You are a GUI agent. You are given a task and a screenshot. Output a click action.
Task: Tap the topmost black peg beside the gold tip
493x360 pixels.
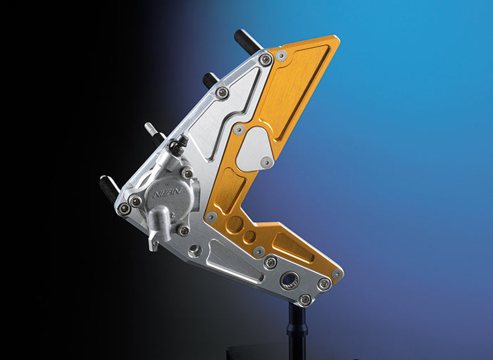[249, 42]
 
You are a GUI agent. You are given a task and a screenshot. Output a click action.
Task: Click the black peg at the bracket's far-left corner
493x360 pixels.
[110, 187]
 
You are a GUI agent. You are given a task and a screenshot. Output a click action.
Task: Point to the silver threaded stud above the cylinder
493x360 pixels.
[151, 132]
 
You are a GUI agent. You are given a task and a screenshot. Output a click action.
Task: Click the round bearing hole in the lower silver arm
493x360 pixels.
[289, 280]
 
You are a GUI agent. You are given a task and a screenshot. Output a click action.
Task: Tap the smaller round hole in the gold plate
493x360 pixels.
[250, 236]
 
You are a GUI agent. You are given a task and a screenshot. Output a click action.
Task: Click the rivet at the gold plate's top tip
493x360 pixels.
[281, 56]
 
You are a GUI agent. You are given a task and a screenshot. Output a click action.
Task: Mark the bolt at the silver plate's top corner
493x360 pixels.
[265, 60]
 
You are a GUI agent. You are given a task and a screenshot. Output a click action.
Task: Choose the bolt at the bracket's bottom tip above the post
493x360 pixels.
[304, 299]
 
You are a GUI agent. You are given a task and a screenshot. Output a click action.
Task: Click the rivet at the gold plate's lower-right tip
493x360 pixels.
[337, 274]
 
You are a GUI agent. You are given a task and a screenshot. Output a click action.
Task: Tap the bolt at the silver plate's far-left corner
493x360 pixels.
[124, 209]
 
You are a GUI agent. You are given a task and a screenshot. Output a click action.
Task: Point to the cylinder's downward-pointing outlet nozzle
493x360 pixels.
[154, 243]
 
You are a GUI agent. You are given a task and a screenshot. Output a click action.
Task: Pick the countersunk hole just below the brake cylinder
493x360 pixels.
[196, 250]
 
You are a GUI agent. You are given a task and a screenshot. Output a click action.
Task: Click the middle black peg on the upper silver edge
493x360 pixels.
[211, 80]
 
